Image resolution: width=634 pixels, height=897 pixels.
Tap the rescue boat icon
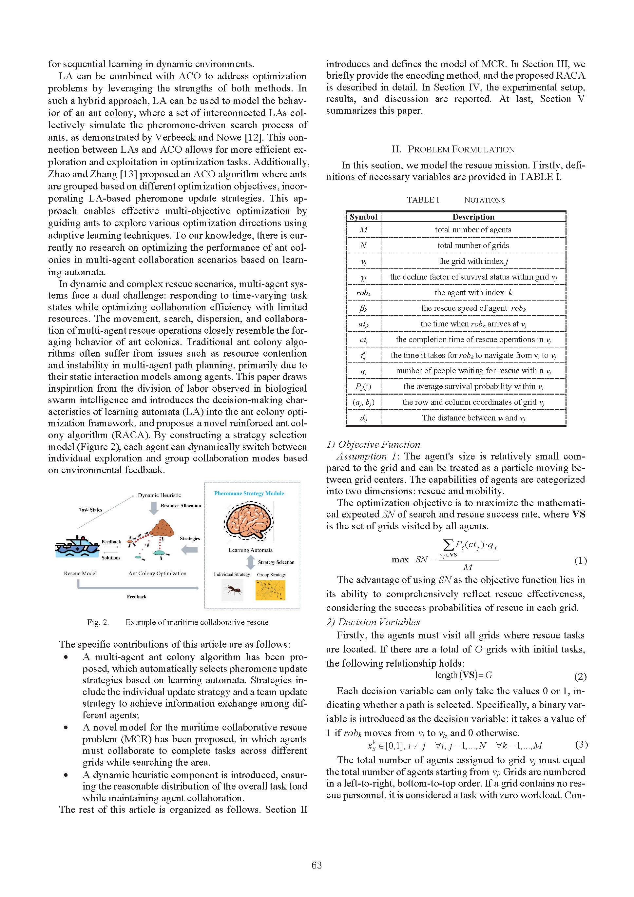point(77,546)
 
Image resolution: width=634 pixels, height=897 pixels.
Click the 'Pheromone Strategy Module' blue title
point(249,494)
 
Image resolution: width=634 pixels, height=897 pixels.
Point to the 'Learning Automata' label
point(250,550)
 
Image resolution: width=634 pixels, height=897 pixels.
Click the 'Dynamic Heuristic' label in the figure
point(159,496)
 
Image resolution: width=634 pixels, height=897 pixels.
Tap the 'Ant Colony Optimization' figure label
point(157,574)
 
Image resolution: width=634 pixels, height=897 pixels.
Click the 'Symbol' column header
point(363,217)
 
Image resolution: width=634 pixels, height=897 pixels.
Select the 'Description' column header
point(473,217)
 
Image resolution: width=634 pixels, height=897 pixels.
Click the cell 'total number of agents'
point(473,230)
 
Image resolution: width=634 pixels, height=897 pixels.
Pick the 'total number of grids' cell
point(473,245)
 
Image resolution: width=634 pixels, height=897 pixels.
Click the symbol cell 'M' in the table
point(363,230)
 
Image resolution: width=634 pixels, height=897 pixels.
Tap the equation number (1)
point(580,561)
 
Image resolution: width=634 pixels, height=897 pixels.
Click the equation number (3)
point(581,744)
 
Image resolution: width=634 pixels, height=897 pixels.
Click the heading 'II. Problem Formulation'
point(453,149)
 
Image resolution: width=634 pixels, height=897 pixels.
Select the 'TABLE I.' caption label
point(423,200)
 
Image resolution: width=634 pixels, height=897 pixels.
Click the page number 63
point(317,865)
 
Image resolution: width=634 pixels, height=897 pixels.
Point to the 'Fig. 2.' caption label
point(98,622)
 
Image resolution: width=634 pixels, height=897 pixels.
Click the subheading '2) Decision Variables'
point(373,622)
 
